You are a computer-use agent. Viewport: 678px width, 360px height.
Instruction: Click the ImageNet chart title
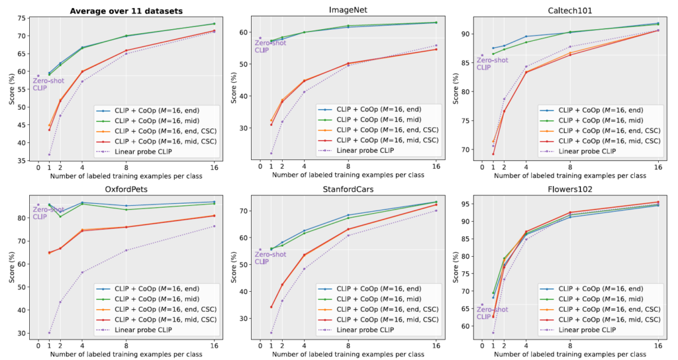348,10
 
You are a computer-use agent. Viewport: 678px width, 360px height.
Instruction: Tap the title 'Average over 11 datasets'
126,10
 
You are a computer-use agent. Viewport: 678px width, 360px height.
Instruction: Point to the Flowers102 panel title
569,189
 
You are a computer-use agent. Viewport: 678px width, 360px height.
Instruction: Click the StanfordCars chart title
348,189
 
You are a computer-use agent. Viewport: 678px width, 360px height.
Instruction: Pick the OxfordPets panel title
126,189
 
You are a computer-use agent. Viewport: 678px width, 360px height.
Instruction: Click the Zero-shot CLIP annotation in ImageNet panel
270,46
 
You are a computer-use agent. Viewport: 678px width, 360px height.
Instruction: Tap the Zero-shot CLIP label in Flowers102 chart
492,312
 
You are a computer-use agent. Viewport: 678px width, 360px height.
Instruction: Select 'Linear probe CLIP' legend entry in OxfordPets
152,328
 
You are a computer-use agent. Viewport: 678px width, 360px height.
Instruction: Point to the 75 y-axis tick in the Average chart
23,18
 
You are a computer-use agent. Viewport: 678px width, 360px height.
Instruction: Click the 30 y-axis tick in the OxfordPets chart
23,333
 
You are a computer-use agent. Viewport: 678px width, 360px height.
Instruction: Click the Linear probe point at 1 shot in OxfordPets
50,333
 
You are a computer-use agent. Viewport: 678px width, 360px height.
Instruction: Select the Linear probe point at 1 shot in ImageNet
271,154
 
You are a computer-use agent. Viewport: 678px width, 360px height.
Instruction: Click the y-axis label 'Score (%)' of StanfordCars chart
234,267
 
